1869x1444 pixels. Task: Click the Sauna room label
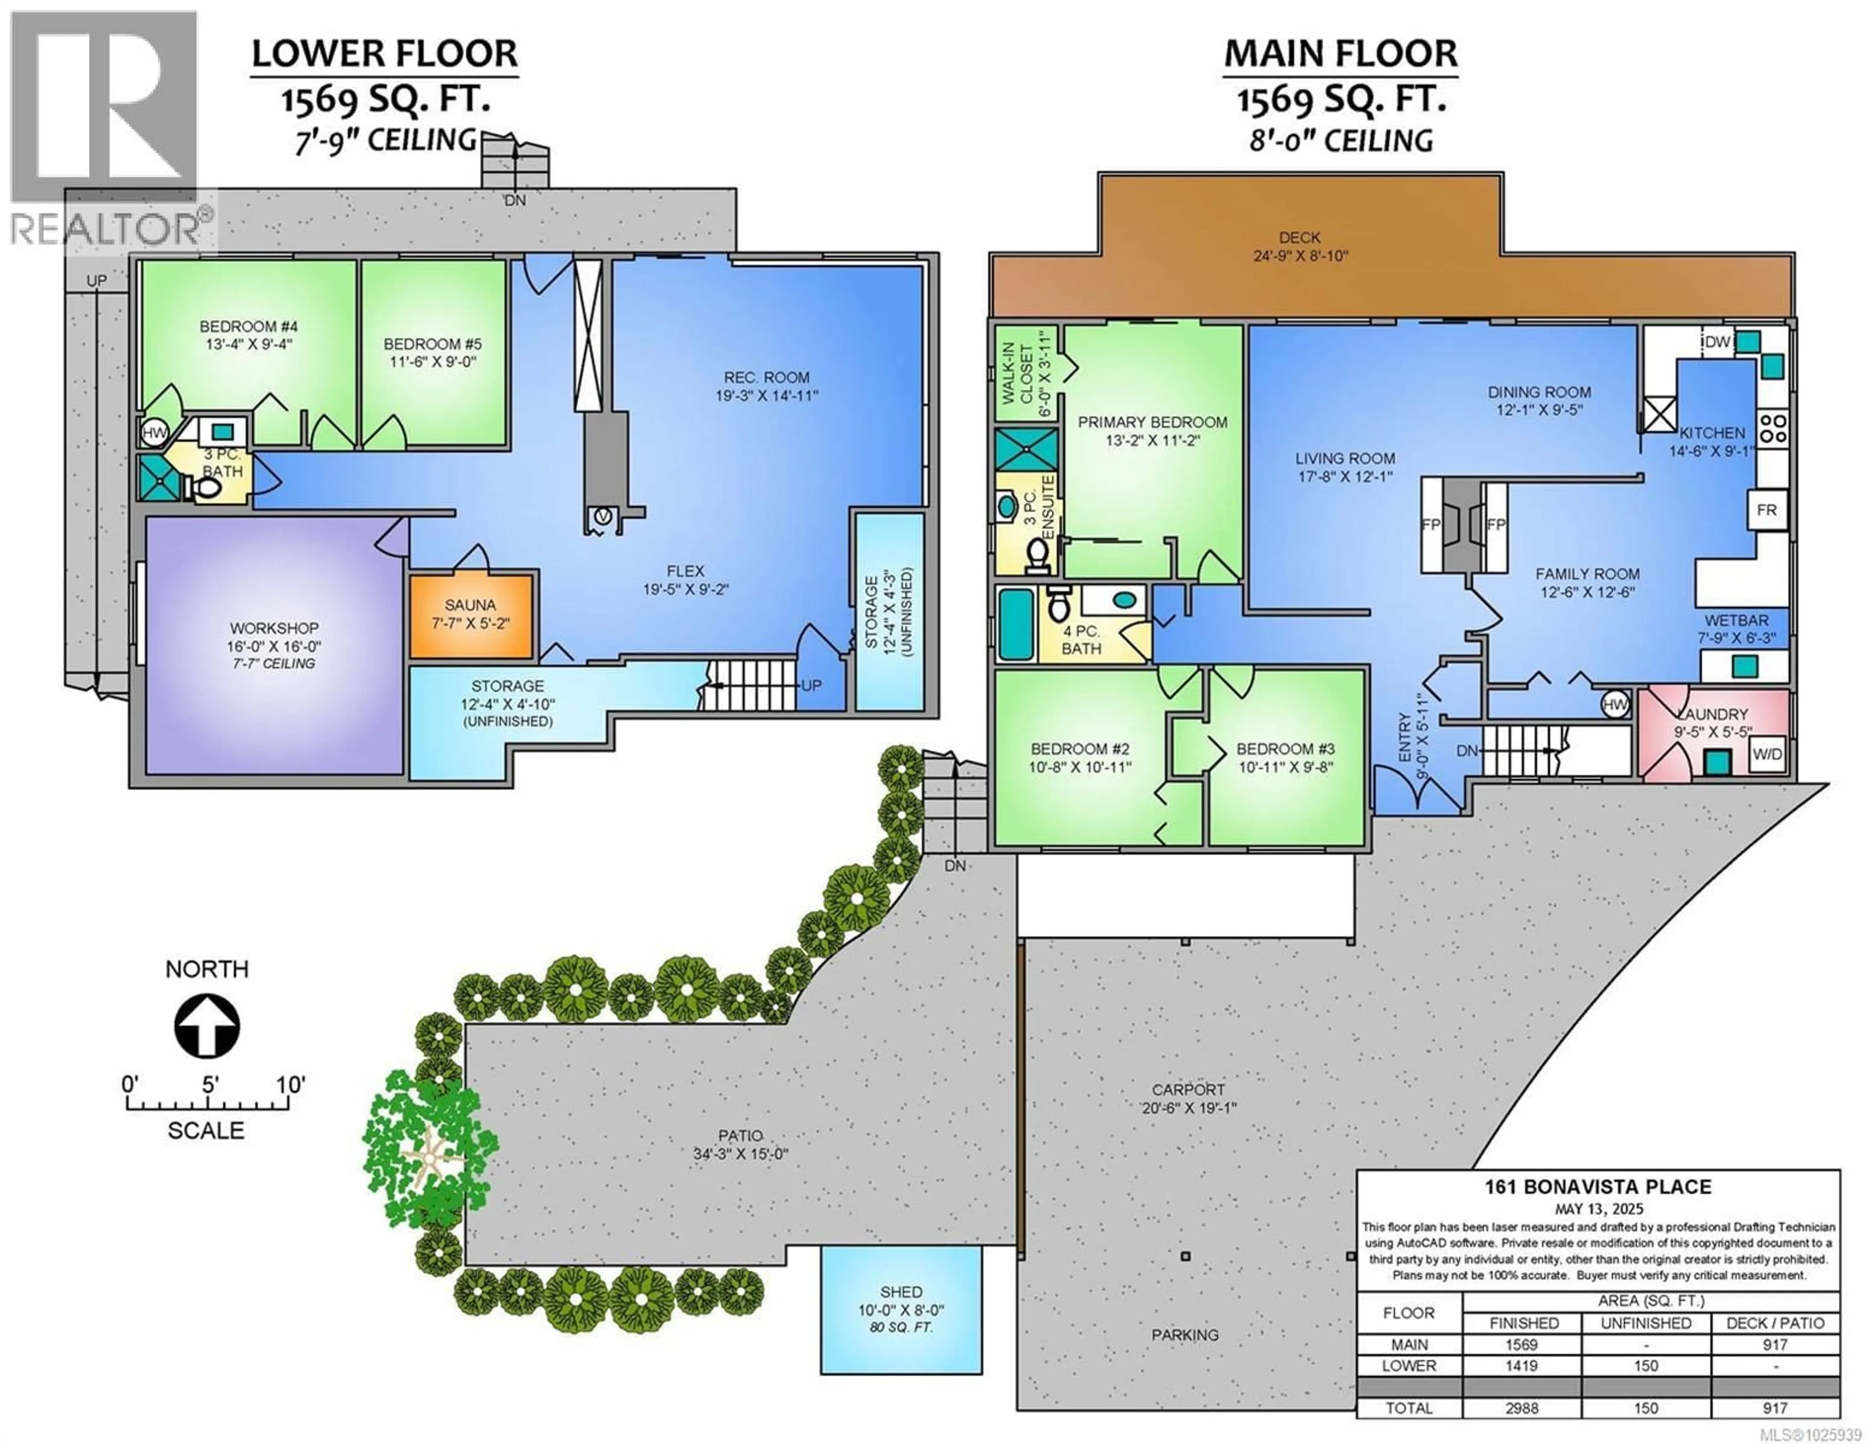[470, 604]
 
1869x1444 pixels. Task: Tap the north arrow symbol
[207, 1026]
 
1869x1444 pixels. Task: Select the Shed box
[901, 1310]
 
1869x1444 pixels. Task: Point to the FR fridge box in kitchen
[1766, 510]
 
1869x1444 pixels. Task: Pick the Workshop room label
[274, 628]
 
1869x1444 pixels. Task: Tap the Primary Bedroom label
[1152, 422]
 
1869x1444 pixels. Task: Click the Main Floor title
[1340, 54]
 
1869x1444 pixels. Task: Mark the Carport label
[1188, 1090]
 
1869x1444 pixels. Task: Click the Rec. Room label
[766, 378]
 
